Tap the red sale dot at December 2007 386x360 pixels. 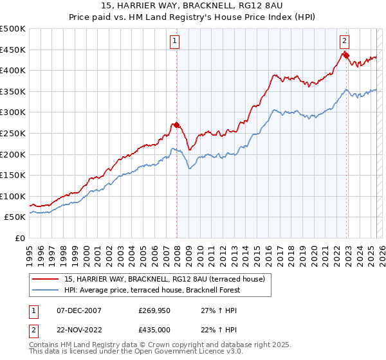[x=177, y=125]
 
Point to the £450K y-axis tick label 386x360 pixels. [x=13, y=50]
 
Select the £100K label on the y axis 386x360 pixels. [x=13, y=196]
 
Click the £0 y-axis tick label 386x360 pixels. [x=21, y=238]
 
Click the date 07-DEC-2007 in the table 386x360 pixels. [x=75, y=310]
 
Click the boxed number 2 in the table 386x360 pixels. [x=33, y=330]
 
